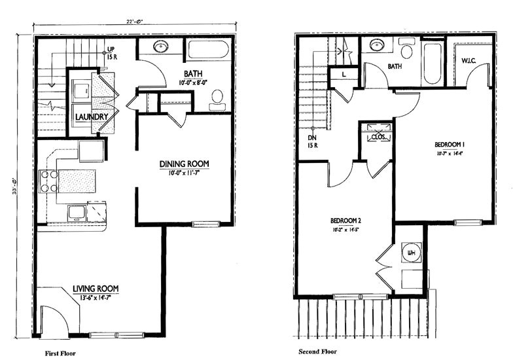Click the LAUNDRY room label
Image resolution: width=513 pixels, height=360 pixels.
click(x=91, y=117)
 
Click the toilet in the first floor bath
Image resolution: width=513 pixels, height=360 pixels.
click(x=218, y=99)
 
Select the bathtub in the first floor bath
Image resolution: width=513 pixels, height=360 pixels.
click(x=208, y=51)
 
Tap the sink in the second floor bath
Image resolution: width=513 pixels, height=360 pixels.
click(x=377, y=45)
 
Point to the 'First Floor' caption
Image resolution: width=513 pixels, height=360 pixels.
click(x=60, y=353)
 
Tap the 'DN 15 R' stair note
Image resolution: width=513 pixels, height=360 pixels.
click(x=312, y=142)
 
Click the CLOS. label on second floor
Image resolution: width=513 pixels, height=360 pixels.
click(x=378, y=137)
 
